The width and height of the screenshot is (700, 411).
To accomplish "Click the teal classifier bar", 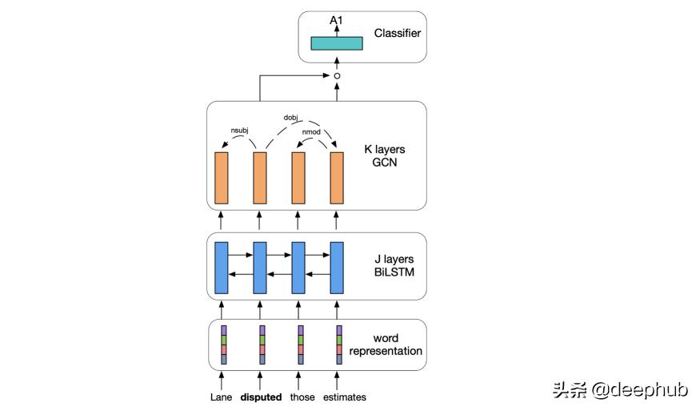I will pyautogui.click(x=337, y=43).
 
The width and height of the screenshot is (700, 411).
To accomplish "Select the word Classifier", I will pyautogui.click(x=397, y=34).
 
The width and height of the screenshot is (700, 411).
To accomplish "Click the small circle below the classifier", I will pyautogui.click(x=337, y=76).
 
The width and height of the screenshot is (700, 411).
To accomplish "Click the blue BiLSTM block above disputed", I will pyautogui.click(x=260, y=267).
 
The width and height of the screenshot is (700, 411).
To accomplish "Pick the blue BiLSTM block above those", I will pyautogui.click(x=298, y=267).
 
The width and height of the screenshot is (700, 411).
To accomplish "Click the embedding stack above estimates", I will pyautogui.click(x=339, y=345).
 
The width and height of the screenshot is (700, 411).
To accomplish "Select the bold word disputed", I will pyautogui.click(x=261, y=397).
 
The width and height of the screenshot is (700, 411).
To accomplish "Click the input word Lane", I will pyautogui.click(x=222, y=397).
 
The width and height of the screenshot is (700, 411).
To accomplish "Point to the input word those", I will pyautogui.click(x=302, y=397).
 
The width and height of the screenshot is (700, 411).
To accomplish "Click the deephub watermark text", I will pyautogui.click(x=619, y=390).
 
